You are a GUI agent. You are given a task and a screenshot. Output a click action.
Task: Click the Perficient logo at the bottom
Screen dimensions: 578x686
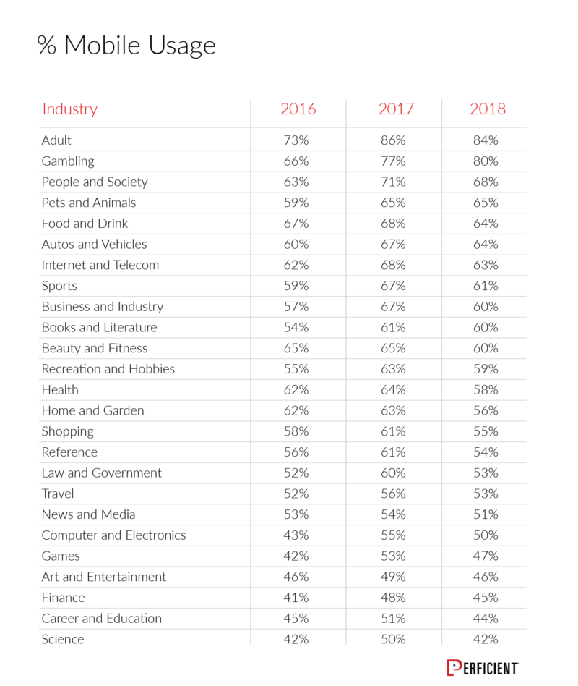click(483, 668)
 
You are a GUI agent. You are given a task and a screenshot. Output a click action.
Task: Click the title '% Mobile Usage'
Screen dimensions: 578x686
click(126, 46)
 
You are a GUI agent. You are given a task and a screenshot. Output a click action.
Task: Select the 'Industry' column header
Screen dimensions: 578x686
click(70, 109)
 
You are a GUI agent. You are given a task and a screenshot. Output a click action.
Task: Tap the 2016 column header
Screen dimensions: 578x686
click(298, 109)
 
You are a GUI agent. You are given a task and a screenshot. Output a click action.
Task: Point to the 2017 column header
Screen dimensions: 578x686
click(396, 109)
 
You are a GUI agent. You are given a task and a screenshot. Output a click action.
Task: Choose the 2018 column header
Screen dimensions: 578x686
click(488, 109)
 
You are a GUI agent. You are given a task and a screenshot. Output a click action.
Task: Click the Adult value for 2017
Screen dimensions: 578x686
click(393, 140)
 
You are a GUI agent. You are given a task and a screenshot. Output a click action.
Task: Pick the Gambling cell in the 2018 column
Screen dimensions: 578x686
click(486, 161)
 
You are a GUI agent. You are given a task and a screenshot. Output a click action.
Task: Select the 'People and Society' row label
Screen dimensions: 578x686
click(95, 182)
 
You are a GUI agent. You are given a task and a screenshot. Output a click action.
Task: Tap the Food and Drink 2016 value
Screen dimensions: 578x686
click(296, 224)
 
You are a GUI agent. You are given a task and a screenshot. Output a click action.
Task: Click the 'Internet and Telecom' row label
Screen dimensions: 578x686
click(100, 265)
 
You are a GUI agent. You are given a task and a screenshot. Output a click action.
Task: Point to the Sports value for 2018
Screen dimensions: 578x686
click(486, 286)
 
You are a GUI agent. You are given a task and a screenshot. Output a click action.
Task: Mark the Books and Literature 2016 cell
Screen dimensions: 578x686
click(296, 328)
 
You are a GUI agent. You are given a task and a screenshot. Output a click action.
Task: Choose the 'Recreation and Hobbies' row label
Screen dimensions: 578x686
click(108, 369)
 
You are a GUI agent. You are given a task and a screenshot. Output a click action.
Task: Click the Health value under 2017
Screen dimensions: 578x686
click(393, 390)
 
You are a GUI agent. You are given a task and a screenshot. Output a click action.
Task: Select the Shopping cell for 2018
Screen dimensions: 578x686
click(486, 431)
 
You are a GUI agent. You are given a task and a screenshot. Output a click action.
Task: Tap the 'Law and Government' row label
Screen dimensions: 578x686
click(101, 473)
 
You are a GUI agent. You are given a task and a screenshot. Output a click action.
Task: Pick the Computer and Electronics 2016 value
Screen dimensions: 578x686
click(296, 535)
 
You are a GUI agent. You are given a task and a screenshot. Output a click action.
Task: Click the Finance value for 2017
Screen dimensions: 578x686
click(393, 598)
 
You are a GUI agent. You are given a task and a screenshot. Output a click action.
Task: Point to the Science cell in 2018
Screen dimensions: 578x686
click(486, 639)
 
